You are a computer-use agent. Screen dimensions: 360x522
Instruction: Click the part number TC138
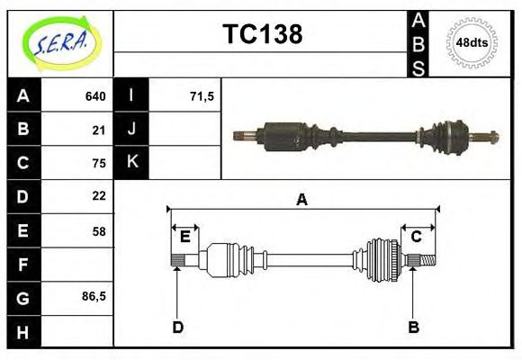[262, 34]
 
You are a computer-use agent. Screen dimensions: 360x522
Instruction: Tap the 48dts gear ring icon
[472, 42]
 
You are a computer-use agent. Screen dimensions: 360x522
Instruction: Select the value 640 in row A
[94, 96]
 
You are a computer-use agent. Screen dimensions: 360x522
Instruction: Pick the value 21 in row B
[99, 130]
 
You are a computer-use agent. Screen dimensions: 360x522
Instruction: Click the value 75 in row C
[99, 163]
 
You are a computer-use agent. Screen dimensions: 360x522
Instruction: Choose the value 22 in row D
[99, 195]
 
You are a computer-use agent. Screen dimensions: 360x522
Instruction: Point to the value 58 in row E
[99, 231]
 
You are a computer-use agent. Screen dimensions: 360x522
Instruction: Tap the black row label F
[23, 265]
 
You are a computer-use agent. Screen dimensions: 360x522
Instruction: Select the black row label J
[132, 129]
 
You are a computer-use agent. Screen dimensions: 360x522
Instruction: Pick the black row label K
[132, 162]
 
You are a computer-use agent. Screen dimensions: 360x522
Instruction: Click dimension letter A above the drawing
[302, 200]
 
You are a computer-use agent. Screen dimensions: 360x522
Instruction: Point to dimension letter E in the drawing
[184, 238]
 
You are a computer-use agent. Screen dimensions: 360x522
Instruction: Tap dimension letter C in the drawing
[417, 237]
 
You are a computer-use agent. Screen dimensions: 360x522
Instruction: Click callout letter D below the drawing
[178, 327]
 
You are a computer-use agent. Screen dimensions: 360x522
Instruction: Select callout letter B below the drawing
[413, 327]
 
